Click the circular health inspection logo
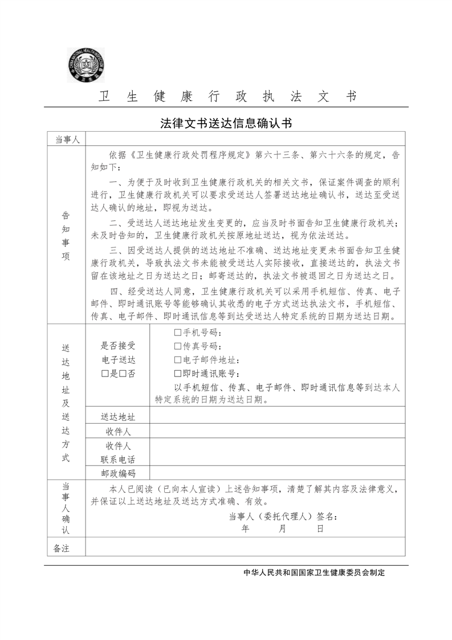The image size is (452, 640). point(87,64)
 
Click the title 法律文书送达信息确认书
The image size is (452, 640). point(226,123)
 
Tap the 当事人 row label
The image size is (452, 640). point(66,139)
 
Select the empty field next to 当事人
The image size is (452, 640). point(245,139)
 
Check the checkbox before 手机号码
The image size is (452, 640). point(177,333)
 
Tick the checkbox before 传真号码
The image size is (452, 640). point(177,347)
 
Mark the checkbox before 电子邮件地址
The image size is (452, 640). point(177,360)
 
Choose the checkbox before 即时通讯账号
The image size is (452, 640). point(177,374)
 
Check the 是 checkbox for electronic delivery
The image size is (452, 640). point(104,374)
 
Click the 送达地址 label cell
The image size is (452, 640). point(118,416)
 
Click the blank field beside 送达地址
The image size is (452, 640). point(277,416)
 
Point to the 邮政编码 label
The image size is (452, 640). point(118,473)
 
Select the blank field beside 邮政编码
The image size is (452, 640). point(277,473)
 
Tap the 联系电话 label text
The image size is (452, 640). point(118,459)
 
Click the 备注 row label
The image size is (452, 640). point(61,548)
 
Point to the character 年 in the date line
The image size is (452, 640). point(246,529)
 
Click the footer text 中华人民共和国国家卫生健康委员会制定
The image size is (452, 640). point(314,573)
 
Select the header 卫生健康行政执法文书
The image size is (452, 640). point(227,96)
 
